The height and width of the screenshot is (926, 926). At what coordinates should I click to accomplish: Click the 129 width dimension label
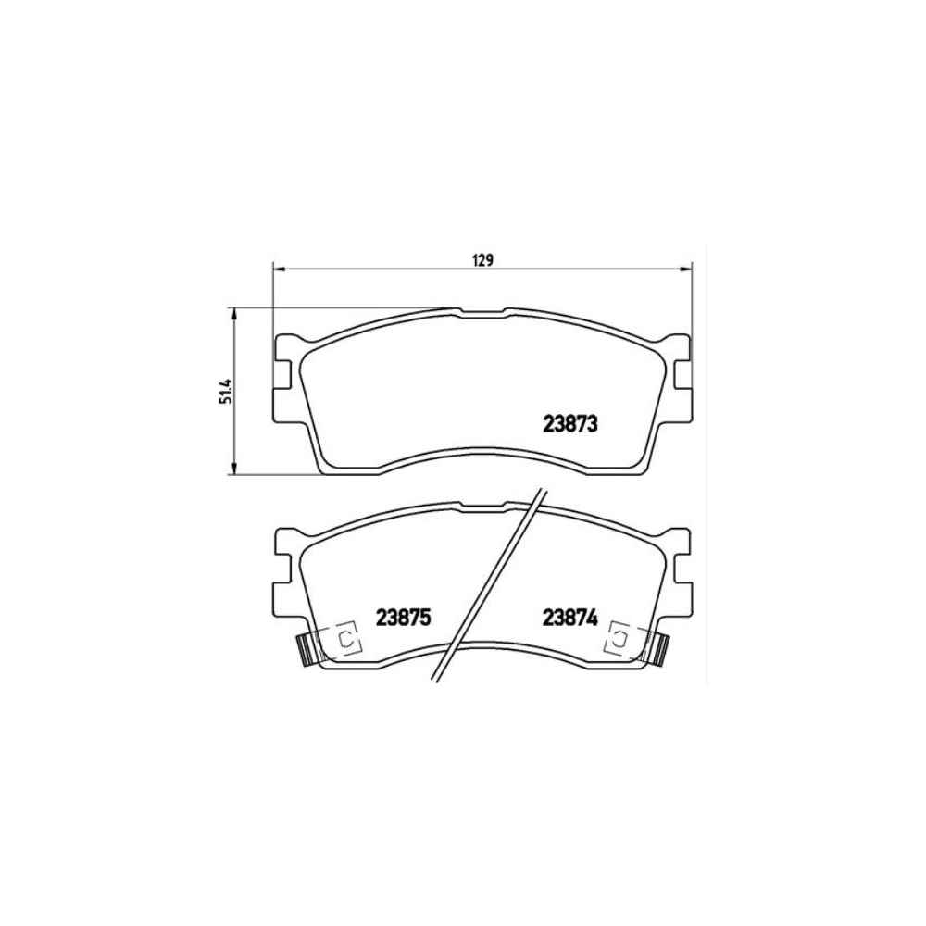[x=482, y=260]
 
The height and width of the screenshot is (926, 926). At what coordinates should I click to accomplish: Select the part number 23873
[x=569, y=424]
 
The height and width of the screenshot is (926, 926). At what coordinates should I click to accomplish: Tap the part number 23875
[x=404, y=618]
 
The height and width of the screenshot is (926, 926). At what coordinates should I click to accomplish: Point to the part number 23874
[x=569, y=618]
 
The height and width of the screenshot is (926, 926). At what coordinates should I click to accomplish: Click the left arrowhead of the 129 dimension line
[x=279, y=269]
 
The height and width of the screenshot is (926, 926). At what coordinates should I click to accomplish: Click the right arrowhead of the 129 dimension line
[x=685, y=269]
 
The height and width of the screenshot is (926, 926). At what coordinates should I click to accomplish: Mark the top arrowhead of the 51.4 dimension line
[x=235, y=314]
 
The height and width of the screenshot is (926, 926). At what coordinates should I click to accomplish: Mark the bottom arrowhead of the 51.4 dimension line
[x=235, y=467]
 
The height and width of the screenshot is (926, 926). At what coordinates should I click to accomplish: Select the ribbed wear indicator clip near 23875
[x=305, y=649]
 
